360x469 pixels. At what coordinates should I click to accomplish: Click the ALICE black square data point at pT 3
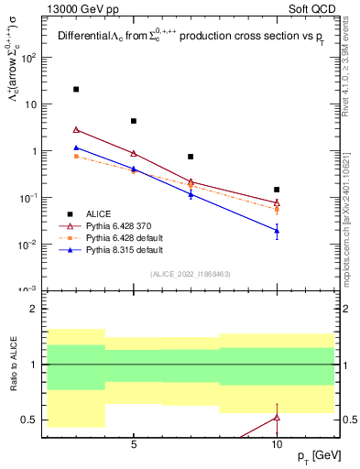click(76, 89)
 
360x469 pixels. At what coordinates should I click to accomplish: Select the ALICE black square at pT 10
click(277, 190)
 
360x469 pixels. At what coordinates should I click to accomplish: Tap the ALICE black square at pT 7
click(191, 157)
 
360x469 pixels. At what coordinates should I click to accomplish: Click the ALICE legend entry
click(100, 213)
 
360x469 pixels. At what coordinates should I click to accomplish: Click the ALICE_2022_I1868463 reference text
click(191, 274)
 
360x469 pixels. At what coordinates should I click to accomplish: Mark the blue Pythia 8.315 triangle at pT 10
click(277, 230)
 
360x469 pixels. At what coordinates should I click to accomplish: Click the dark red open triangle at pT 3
click(76, 130)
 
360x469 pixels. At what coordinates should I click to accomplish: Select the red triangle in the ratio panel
click(277, 417)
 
